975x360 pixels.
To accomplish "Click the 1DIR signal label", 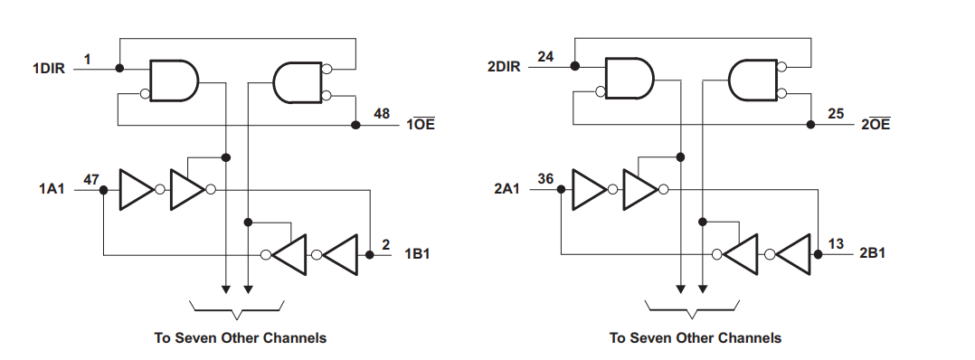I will tap(49, 69).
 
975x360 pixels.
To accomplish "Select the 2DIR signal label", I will tap(504, 69).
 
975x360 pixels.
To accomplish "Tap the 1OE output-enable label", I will tap(420, 125).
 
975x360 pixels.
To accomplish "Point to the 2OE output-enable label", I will tap(875, 125).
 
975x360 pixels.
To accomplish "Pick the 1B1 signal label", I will tap(417, 254).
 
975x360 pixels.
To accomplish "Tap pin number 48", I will tap(382, 114).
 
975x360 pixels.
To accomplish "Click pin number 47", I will tap(90, 179).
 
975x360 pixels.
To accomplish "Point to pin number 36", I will tap(545, 179).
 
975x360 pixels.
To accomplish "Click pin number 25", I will tap(836, 114).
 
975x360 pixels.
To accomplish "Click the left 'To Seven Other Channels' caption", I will tap(240, 337).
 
